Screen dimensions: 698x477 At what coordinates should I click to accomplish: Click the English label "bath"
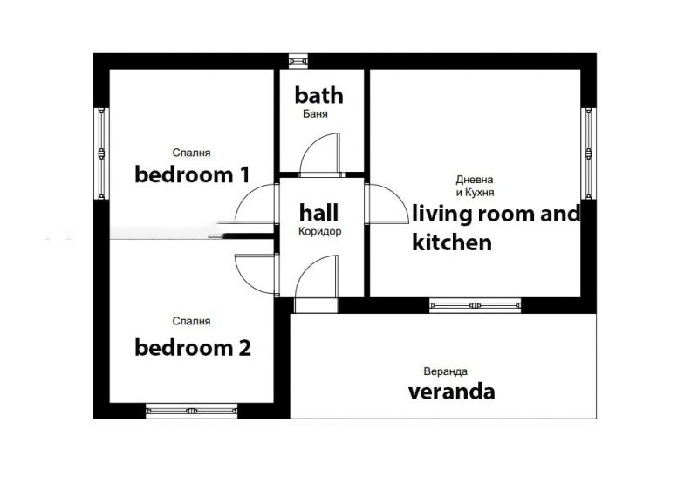pos(318,95)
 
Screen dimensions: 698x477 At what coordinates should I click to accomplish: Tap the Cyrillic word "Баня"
pos(315,114)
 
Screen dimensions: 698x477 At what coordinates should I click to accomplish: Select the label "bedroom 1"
pos(192,174)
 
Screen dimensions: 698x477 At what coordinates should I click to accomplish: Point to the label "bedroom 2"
pos(193,348)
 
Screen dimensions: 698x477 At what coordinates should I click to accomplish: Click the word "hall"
pos(318,212)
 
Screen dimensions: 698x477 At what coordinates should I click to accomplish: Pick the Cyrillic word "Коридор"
pos(319,231)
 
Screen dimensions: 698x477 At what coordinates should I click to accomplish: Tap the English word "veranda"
pos(451,392)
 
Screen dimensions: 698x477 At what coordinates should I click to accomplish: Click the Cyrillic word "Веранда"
pos(445,371)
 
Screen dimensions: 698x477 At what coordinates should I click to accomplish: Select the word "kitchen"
pos(452,242)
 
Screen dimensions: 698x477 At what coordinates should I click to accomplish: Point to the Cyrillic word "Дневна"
pos(475,180)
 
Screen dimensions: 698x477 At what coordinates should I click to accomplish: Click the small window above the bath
pos(298,61)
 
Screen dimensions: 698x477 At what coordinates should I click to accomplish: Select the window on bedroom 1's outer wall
pos(102,153)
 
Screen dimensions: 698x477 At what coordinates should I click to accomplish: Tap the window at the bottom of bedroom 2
pos(191,411)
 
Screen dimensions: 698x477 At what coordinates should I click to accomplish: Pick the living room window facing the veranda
pos(476,305)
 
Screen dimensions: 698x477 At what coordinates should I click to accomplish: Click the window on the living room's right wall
pos(588,153)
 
